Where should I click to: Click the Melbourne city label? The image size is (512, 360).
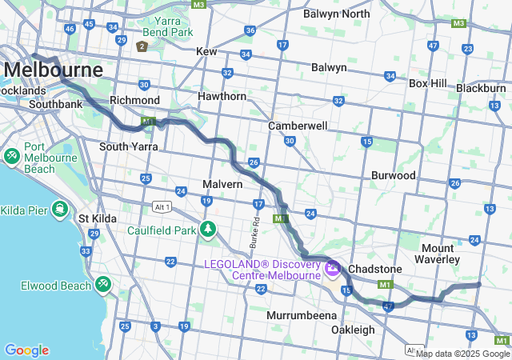[x=54, y=70]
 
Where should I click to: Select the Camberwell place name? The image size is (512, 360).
[x=298, y=126]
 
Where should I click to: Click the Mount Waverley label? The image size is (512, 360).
[x=437, y=254]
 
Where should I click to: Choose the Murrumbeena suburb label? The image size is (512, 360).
[x=302, y=315]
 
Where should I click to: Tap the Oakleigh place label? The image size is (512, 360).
[x=353, y=330]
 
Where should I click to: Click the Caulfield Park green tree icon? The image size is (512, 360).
[x=208, y=230]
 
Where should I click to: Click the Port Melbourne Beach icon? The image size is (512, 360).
[x=12, y=154]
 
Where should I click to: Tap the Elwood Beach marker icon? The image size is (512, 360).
[x=103, y=284]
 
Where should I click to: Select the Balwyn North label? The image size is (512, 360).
[x=337, y=14]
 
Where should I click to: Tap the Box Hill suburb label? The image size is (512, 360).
[x=430, y=82]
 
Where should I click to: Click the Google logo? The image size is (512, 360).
[x=26, y=350]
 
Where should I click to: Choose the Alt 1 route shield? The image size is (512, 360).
[x=162, y=206]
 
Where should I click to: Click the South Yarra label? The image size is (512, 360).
[x=128, y=146]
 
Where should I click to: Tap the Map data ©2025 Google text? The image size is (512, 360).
[x=462, y=354]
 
